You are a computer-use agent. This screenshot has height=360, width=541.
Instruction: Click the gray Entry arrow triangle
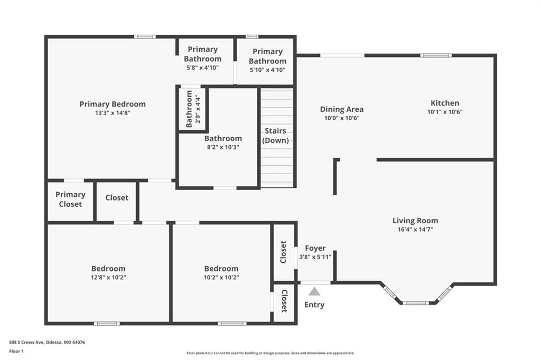point(314,292)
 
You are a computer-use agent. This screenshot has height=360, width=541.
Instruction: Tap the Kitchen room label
point(445,103)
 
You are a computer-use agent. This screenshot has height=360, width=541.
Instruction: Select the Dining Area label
point(342,109)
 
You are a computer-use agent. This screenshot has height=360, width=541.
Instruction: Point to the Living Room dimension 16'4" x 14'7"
point(415,229)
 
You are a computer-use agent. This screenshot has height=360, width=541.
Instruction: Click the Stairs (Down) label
point(275,136)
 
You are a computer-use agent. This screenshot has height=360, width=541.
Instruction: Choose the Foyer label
point(315,248)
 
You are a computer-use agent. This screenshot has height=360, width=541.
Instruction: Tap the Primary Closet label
point(70,200)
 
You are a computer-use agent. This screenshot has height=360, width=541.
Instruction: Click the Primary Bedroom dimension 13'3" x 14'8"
point(113,113)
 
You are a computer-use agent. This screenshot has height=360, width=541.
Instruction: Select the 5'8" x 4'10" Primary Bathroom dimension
point(202,68)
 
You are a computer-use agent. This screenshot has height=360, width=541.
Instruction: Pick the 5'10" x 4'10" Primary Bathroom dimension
point(267,70)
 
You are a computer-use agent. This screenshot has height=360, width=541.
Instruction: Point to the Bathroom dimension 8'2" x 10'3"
point(223,147)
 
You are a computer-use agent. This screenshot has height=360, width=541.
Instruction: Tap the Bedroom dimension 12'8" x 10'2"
point(108,277)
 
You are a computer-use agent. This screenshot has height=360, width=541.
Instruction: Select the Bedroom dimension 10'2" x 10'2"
point(221,277)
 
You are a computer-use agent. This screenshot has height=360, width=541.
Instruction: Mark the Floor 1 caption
point(16,352)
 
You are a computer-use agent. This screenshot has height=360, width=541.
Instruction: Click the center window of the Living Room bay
point(415,303)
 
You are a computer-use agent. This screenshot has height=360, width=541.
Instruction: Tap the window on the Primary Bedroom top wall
point(145,36)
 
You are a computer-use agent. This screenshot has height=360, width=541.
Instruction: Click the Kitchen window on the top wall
point(436,55)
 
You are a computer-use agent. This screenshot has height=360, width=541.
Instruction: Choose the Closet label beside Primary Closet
point(117,197)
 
